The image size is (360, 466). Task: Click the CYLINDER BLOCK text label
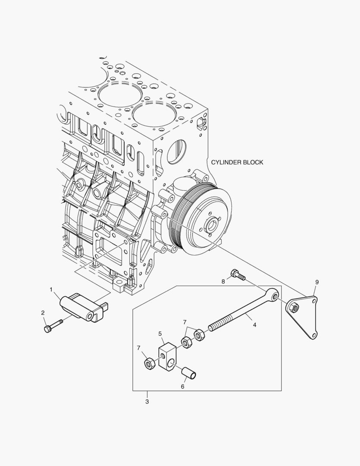(237, 162)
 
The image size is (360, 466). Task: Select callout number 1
(51, 290)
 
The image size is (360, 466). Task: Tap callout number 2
(43, 312)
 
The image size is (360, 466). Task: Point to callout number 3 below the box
(147, 402)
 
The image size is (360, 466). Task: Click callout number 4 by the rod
(254, 325)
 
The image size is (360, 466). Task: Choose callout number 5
(160, 334)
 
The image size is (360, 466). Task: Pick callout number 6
(182, 387)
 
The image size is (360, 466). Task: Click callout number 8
(223, 281)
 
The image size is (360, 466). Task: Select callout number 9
(317, 282)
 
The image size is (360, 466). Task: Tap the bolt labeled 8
(238, 275)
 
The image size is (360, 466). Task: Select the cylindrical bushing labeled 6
(190, 372)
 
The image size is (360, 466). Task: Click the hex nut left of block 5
(149, 364)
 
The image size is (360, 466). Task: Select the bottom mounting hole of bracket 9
(315, 335)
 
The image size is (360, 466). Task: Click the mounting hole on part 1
(90, 317)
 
